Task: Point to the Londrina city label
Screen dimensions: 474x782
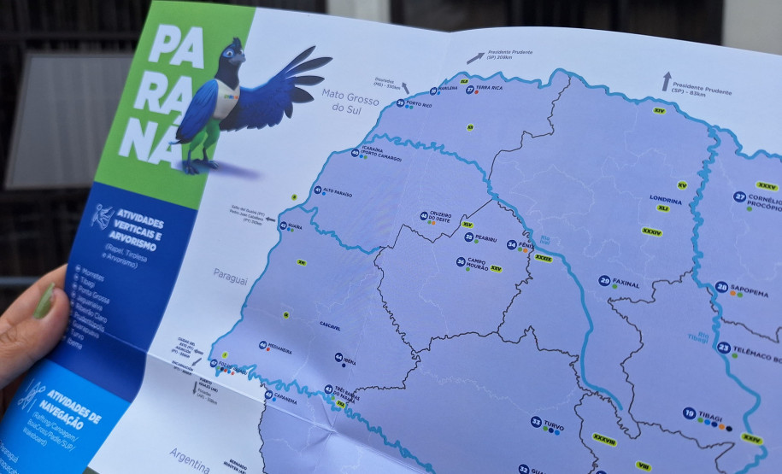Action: (x=665, y=200)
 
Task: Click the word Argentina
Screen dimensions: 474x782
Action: (x=189, y=458)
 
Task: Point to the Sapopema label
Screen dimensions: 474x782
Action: (x=748, y=289)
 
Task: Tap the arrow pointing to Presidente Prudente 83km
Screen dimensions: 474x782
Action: (x=666, y=81)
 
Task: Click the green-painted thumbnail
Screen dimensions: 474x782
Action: (x=44, y=301)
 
